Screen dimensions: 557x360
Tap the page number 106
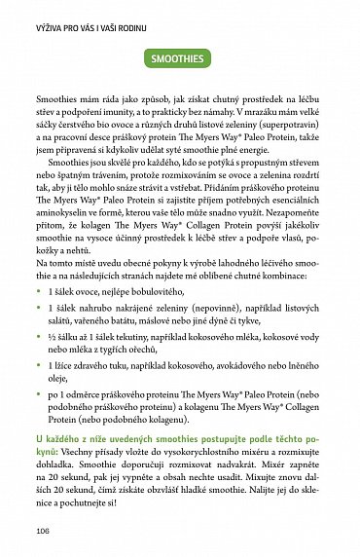tap(42, 531)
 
